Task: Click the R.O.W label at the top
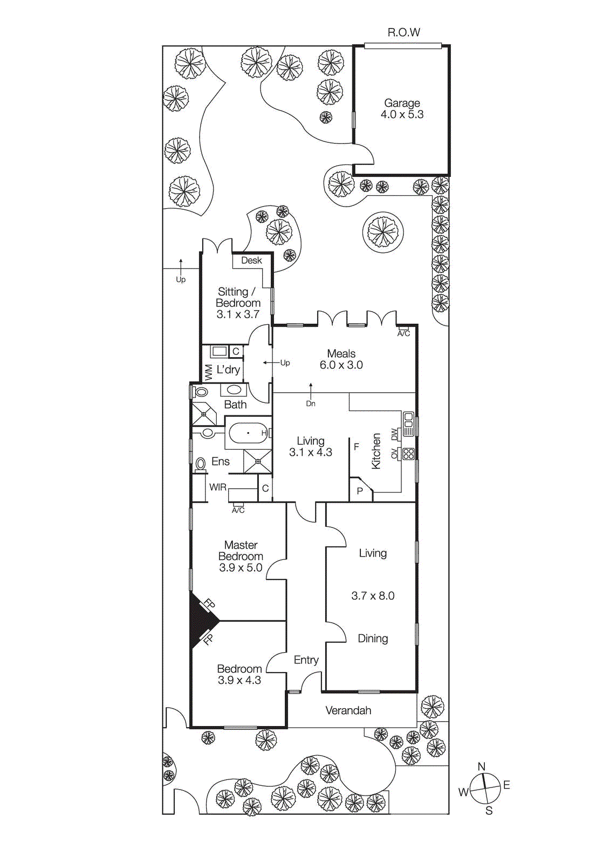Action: coord(403,32)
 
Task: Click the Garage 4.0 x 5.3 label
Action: coord(402,108)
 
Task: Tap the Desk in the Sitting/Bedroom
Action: coord(251,261)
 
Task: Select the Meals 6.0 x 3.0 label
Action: coord(341,359)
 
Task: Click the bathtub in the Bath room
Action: coord(248,433)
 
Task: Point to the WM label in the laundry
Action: coord(208,372)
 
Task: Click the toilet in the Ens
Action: coord(201,464)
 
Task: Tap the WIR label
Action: coord(217,487)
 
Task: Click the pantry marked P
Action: coord(360,491)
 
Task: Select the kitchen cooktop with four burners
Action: coord(409,454)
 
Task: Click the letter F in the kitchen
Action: coord(356,447)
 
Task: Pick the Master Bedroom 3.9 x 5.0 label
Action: coord(241,556)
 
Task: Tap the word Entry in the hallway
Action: coord(306,660)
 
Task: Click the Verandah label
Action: coord(348,710)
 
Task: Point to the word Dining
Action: coord(373,639)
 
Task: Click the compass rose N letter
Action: coord(482,766)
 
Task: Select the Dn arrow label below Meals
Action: coord(311,403)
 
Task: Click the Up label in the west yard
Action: coord(181,279)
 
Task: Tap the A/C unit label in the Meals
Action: coord(403,333)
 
